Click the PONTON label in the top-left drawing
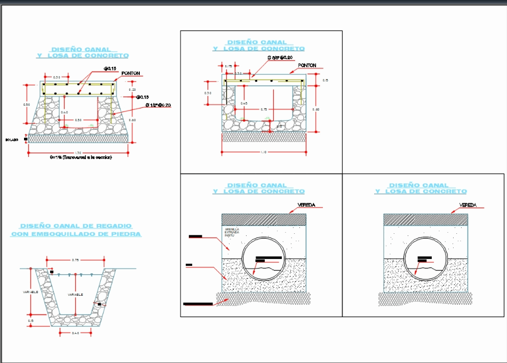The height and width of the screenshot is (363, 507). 131,73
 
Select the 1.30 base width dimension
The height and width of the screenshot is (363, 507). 78,153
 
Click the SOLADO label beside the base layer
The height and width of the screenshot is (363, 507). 12,139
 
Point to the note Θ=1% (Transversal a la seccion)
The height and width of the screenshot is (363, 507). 82,157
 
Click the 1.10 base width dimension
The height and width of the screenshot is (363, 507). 263,152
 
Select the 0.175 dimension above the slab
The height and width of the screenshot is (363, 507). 228,66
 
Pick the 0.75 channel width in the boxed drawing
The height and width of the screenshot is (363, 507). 264,109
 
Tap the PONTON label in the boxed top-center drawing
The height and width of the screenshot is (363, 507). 307,66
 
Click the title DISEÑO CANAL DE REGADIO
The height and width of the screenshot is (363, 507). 76,226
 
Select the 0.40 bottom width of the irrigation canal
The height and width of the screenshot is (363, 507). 76,333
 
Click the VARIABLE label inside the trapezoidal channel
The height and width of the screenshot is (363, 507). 75,295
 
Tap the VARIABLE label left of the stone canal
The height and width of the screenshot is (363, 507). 30,293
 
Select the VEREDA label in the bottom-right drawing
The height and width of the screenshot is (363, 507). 468,205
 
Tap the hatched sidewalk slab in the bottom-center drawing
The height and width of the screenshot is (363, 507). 264,219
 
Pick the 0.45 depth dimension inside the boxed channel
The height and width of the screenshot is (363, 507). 243,103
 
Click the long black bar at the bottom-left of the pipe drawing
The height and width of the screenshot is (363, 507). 197,304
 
